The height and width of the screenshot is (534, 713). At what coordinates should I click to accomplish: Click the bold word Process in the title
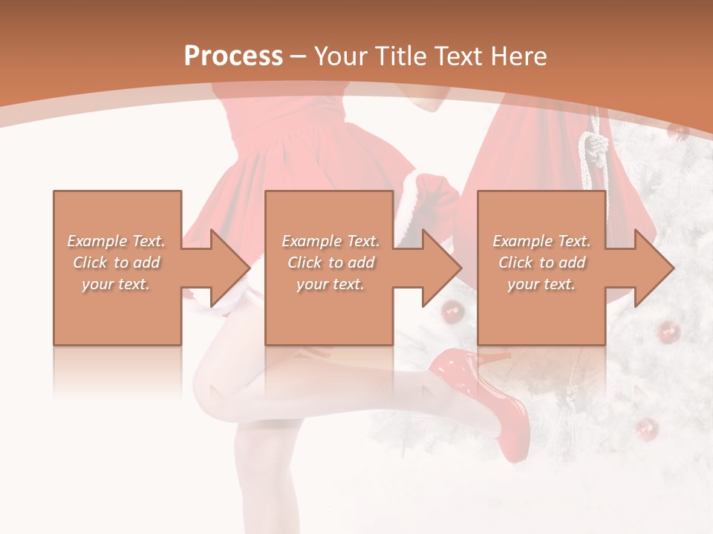233,56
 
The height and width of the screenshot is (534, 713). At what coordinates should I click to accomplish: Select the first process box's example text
117,263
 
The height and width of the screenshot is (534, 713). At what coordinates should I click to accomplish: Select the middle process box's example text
331,263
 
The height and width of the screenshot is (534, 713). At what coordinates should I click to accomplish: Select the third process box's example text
541,263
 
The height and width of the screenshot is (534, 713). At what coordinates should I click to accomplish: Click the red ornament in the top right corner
677,131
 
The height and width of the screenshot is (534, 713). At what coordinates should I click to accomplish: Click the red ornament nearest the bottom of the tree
647,428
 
